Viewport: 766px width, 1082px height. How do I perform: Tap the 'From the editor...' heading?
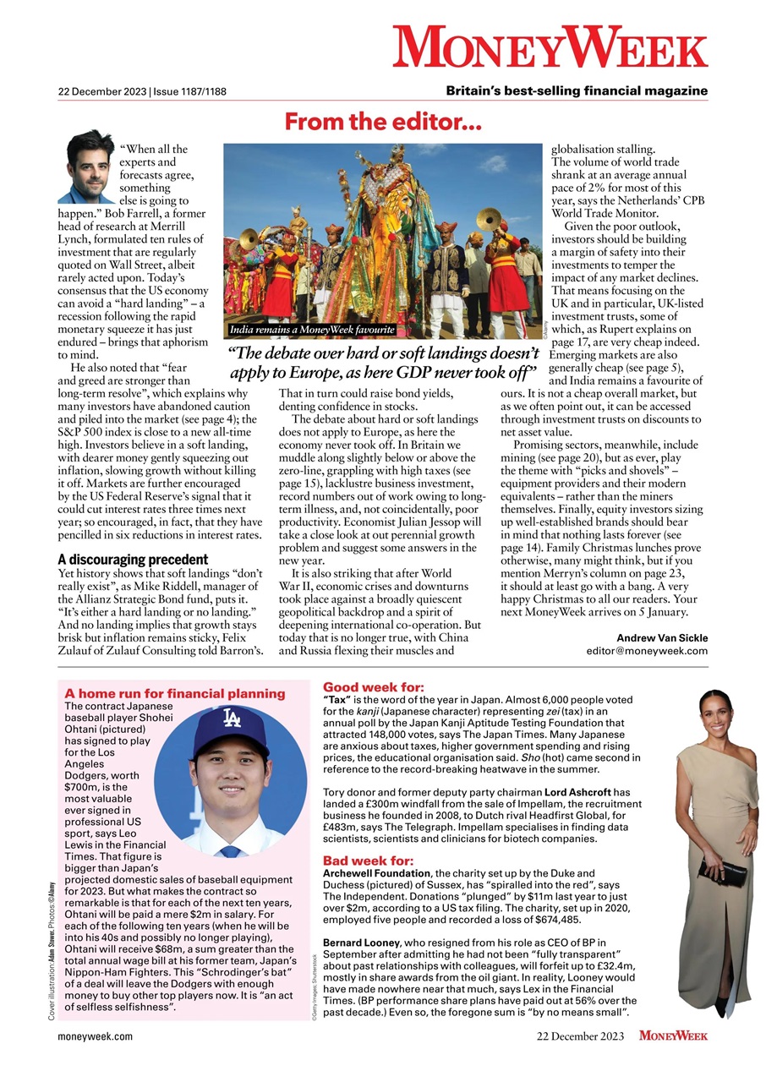click(383, 123)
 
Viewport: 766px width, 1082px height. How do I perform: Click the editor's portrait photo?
click(84, 167)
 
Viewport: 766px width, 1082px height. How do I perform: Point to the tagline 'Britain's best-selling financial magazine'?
click(577, 91)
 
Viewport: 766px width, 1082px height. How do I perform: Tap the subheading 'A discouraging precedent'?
click(133, 559)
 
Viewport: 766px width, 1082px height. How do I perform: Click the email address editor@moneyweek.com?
click(647, 651)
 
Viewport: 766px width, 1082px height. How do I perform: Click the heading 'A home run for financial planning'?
click(175, 693)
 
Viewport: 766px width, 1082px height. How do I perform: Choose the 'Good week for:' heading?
click(374, 687)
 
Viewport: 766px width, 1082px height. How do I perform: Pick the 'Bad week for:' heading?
click(367, 861)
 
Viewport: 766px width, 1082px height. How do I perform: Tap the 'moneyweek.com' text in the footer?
click(95, 1036)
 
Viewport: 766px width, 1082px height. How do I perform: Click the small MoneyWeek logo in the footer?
click(673, 1036)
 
